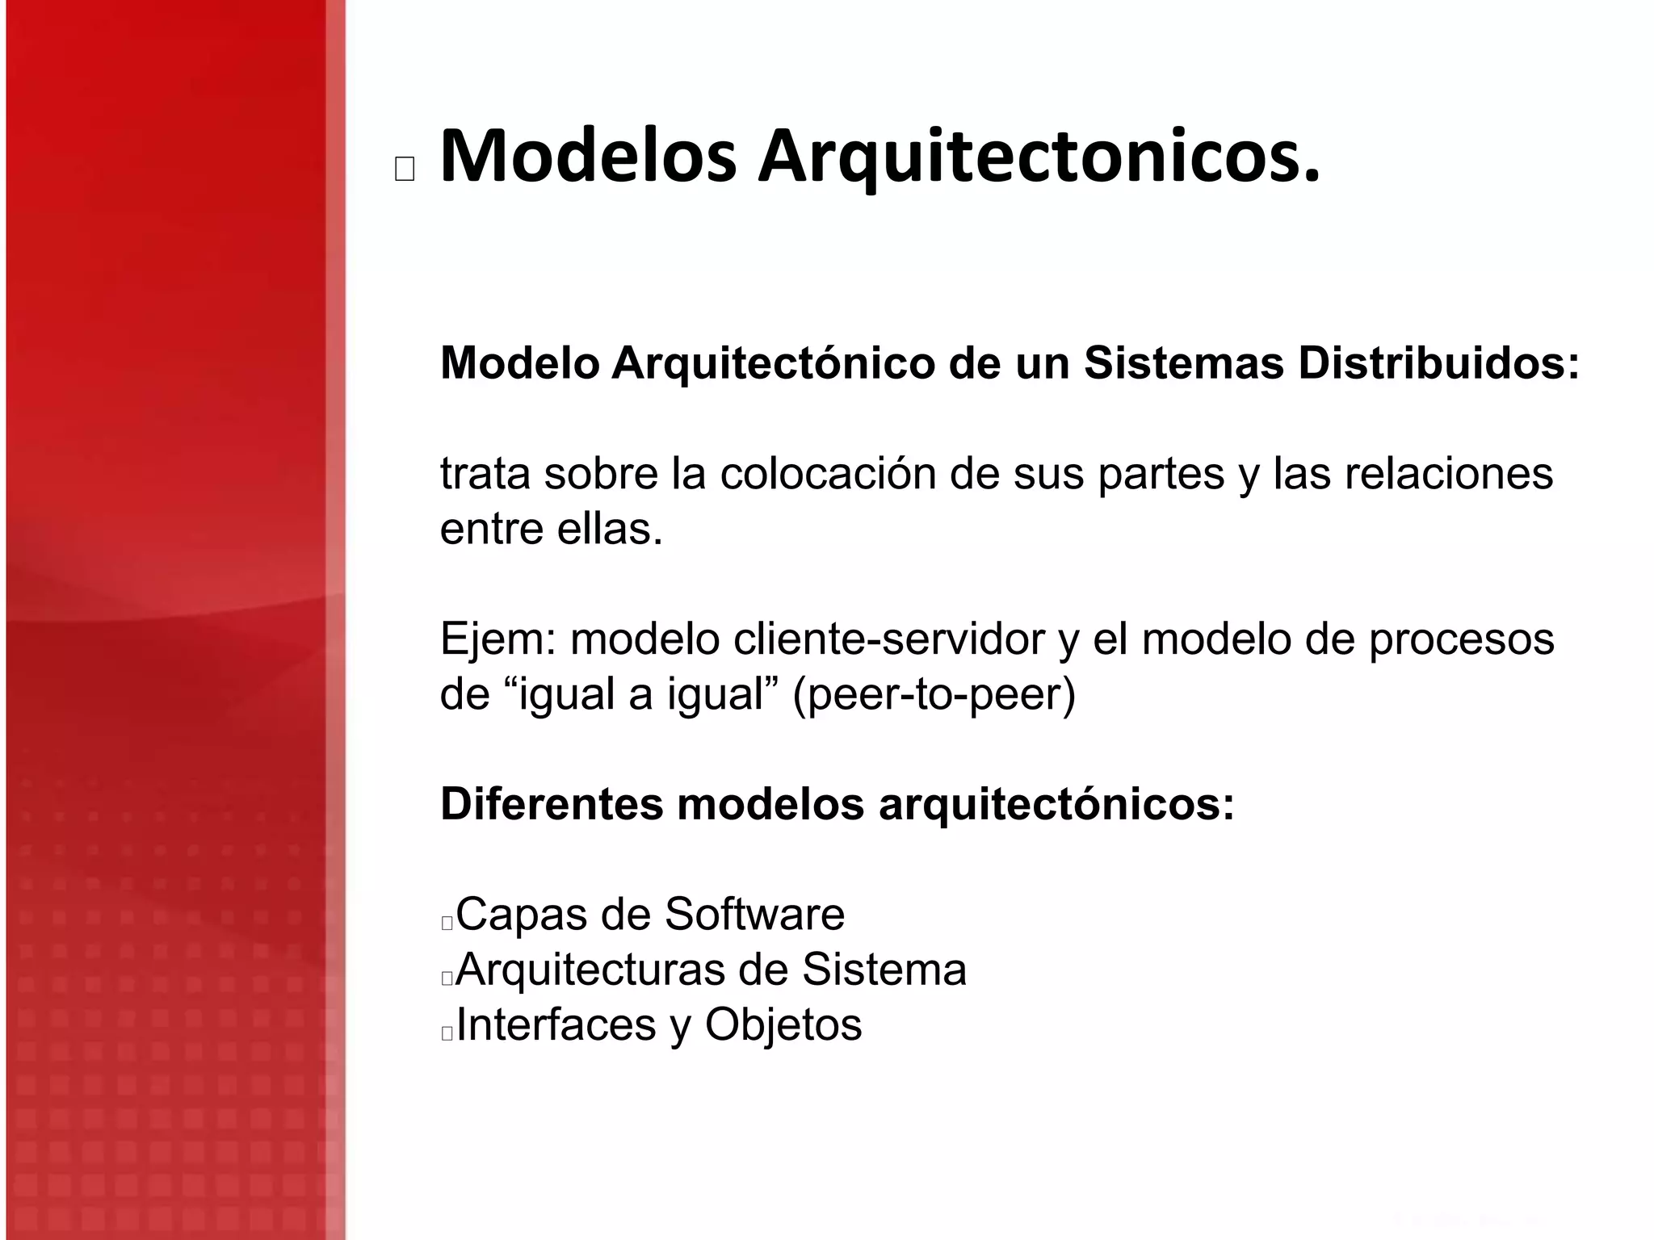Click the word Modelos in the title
coord(588,157)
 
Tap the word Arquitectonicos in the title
coord(1039,157)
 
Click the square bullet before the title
coord(405,170)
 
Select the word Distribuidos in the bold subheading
coord(1438,363)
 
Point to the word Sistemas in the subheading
coord(1183,363)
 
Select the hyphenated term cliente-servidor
coord(889,639)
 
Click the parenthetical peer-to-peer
coord(934,695)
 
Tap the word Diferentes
coord(552,804)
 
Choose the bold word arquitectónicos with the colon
coord(1056,804)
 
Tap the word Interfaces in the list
coord(556,1024)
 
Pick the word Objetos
coord(783,1024)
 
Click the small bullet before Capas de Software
coord(447,923)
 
